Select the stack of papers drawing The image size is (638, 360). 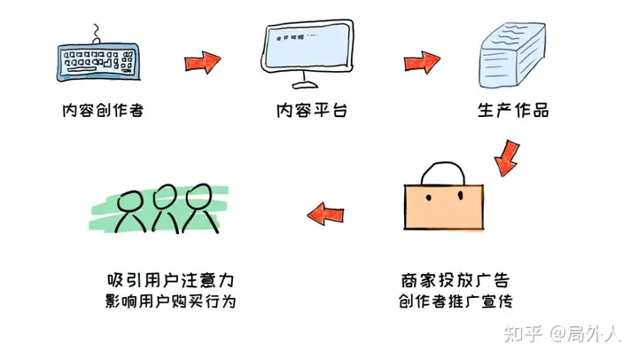pyautogui.click(x=512, y=55)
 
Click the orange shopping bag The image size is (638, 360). pyautogui.click(x=444, y=207)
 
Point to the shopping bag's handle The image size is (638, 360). pyautogui.click(x=443, y=163)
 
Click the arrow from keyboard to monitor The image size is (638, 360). pyautogui.click(x=202, y=62)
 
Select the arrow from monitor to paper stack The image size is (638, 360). pyautogui.click(x=422, y=62)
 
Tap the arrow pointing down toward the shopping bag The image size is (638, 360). pyautogui.click(x=508, y=159)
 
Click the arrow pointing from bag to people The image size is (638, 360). pyautogui.click(x=325, y=214)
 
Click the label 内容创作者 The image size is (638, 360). pyautogui.click(x=103, y=110)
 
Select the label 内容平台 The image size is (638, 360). pyautogui.click(x=312, y=110)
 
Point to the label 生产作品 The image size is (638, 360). pyautogui.click(x=513, y=110)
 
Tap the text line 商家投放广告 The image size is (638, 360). pyautogui.click(x=455, y=280)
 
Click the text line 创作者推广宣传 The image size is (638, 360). pyautogui.click(x=455, y=301)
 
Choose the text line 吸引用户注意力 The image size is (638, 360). pyautogui.click(x=170, y=280)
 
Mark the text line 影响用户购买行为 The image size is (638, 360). pyautogui.click(x=170, y=301)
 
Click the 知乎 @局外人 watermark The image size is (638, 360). pyautogui.click(x=563, y=334)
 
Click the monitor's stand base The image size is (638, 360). pyautogui.click(x=305, y=85)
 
